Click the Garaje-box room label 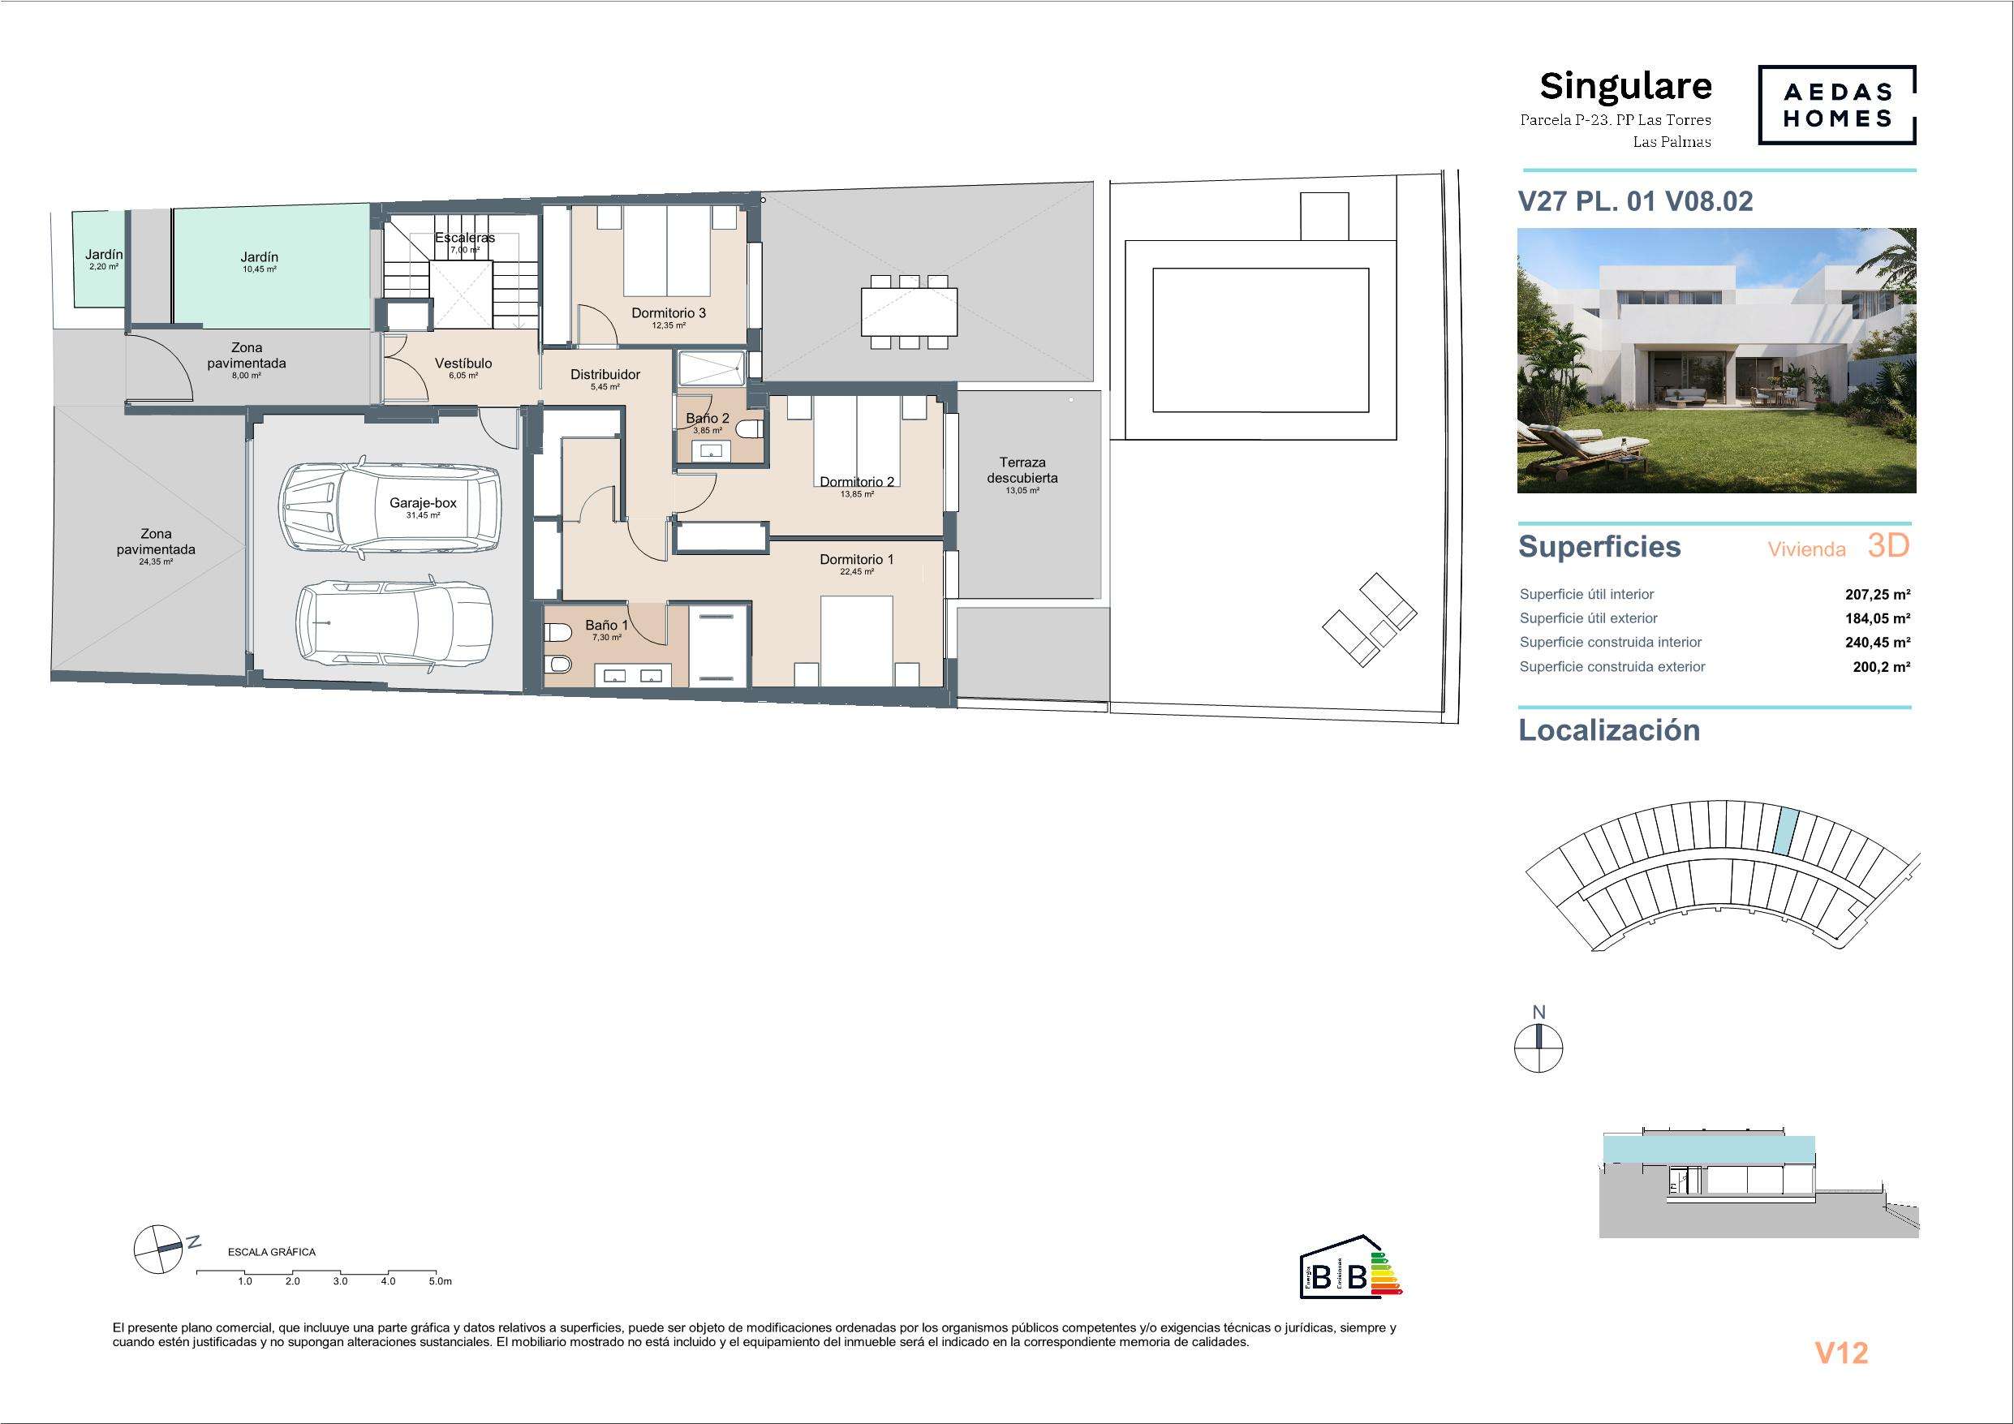423,504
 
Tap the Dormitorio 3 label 669,313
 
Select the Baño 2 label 707,419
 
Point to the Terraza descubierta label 1022,471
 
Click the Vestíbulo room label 463,364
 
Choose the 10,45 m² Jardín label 259,257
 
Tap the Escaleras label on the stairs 465,238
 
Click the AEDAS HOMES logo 1837,105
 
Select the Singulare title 1625,86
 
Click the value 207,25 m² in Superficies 1877,594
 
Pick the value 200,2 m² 1882,667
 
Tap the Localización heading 1609,730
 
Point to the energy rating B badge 1351,1269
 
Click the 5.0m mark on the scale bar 440,1281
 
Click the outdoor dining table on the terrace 909,312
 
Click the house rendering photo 1717,360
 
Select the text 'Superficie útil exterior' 1589,617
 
